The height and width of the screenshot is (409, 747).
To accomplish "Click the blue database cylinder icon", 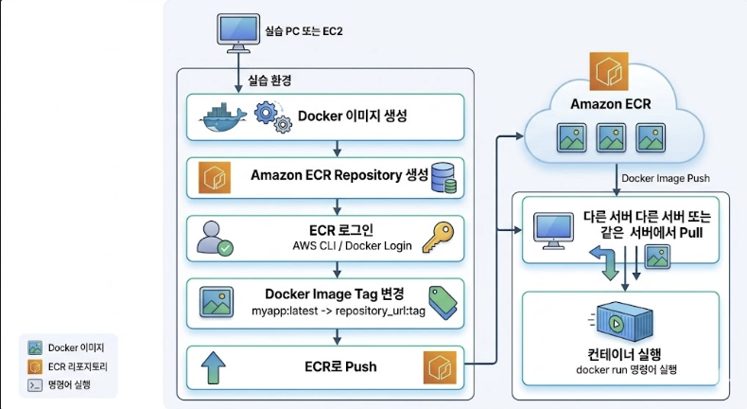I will click(443, 176).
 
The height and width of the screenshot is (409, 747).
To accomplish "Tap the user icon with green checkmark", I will click(216, 238).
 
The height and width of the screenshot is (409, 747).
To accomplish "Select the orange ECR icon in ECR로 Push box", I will click(441, 366).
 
